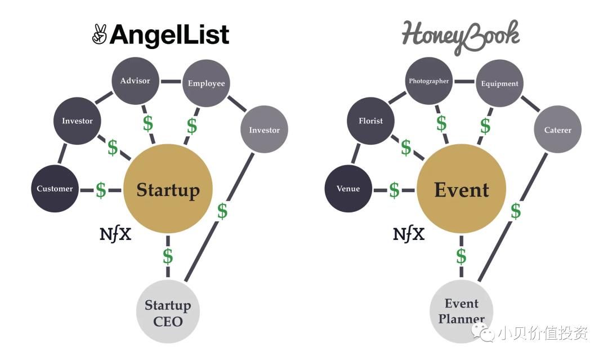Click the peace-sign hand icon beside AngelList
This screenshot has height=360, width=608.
pyautogui.click(x=100, y=35)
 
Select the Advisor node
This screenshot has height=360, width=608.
pyautogui.click(x=135, y=81)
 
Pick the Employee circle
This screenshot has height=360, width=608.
pyautogui.click(x=206, y=83)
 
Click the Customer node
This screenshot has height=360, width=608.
pyautogui.click(x=55, y=189)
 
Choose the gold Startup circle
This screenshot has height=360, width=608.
pyautogui.click(x=168, y=189)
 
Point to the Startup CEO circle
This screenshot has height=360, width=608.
pyautogui.click(x=168, y=312)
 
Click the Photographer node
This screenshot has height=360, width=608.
pyautogui.click(x=429, y=81)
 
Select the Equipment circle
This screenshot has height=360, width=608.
pyautogui.click(x=499, y=84)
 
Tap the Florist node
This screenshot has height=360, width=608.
pyautogui.click(x=370, y=121)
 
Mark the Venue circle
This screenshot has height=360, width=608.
pyautogui.click(x=348, y=189)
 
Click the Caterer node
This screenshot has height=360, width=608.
pyautogui.click(x=557, y=130)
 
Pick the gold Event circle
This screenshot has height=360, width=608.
pyautogui.click(x=462, y=189)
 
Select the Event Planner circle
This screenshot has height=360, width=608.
pyautogui.click(x=462, y=312)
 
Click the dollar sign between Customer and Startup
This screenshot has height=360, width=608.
pyautogui.click(x=101, y=190)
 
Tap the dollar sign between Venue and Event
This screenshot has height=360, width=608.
pyautogui.click(x=394, y=190)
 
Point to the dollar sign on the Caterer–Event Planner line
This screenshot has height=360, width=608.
pyautogui.click(x=516, y=211)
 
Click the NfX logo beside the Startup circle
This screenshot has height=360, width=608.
pyautogui.click(x=115, y=234)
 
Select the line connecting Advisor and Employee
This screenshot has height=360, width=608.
pyautogui.click(x=171, y=82)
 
